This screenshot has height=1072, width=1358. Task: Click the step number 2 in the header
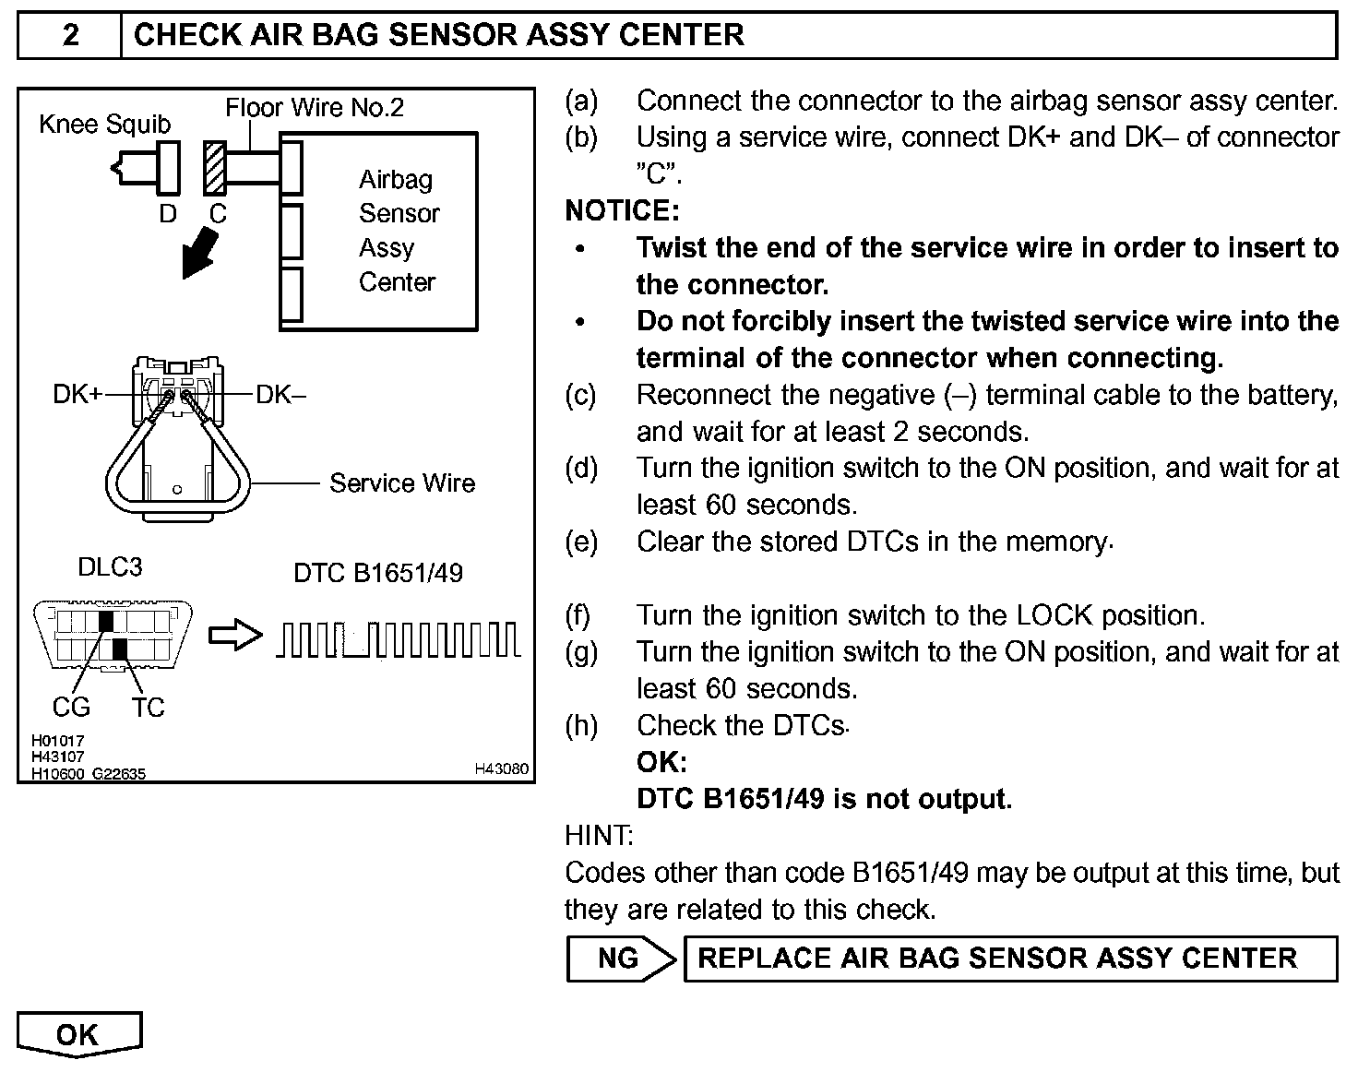tap(70, 35)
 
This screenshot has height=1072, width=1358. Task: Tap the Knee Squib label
tap(104, 125)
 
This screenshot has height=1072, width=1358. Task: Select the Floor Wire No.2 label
tap(314, 108)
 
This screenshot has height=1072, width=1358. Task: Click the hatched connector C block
tap(216, 168)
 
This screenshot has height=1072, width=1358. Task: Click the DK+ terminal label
tap(77, 395)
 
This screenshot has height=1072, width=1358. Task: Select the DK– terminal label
tap(280, 395)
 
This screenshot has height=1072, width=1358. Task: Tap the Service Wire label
tap(402, 483)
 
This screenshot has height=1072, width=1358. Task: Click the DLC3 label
tap(110, 566)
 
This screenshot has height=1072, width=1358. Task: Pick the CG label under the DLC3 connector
tap(71, 708)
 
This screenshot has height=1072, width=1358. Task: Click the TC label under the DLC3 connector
tap(148, 708)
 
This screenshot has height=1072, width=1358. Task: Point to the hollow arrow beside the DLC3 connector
tap(235, 636)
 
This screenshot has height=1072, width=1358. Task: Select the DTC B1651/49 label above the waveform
tap(378, 573)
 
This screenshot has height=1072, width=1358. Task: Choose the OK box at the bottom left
tap(78, 1034)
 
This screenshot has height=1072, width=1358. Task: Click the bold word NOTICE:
tap(622, 211)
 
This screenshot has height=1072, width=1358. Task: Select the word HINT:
tap(599, 836)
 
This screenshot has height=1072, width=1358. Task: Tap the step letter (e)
tap(581, 542)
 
